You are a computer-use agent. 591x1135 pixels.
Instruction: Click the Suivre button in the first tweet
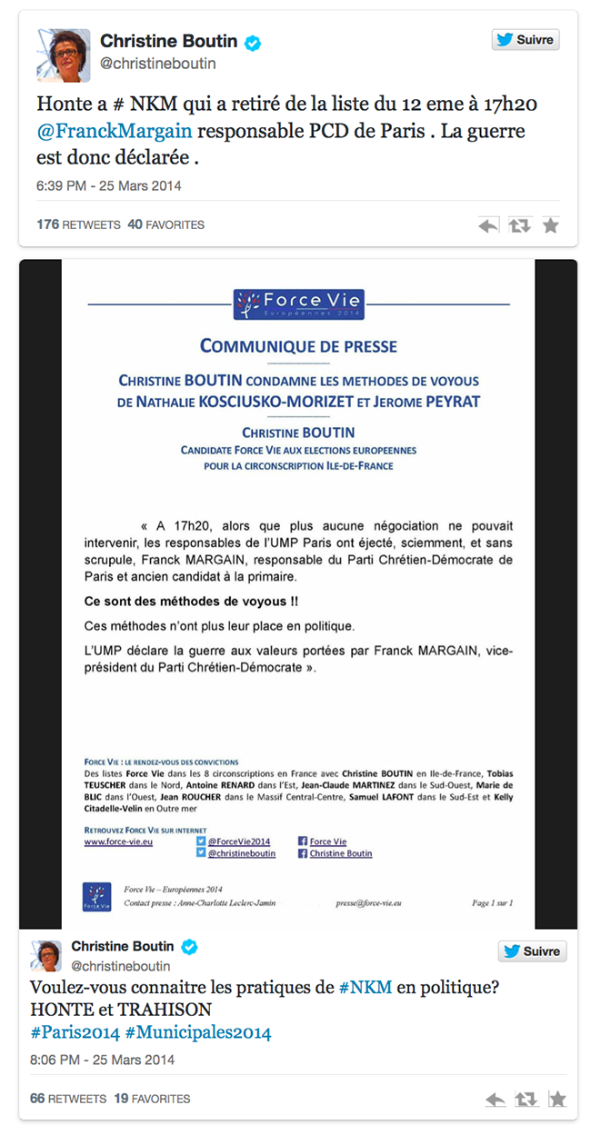click(x=526, y=40)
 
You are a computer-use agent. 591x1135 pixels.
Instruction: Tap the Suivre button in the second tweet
click(x=532, y=951)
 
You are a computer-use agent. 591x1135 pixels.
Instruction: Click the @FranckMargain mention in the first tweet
click(x=115, y=131)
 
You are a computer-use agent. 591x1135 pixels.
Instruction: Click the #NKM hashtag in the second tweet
click(x=366, y=988)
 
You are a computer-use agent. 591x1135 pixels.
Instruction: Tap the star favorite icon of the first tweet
click(x=550, y=225)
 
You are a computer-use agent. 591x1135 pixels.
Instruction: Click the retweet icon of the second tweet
click(x=526, y=1100)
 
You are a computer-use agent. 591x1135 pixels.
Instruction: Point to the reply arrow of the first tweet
click(x=489, y=225)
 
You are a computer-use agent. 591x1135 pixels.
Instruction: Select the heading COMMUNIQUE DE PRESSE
click(x=298, y=346)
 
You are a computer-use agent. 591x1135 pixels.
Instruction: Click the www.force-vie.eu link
click(x=118, y=841)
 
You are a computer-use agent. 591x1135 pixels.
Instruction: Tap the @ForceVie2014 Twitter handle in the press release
click(x=238, y=841)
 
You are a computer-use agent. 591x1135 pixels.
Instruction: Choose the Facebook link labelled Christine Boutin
click(x=341, y=853)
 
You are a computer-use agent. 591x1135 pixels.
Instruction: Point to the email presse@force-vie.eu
click(x=368, y=903)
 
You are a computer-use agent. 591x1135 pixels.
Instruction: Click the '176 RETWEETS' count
click(x=71, y=224)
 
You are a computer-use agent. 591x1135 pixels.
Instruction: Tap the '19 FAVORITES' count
click(x=152, y=1099)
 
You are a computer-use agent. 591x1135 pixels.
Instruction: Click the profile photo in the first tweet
click(x=63, y=55)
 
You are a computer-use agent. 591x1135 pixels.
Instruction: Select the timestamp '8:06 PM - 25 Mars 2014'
click(x=102, y=1060)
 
